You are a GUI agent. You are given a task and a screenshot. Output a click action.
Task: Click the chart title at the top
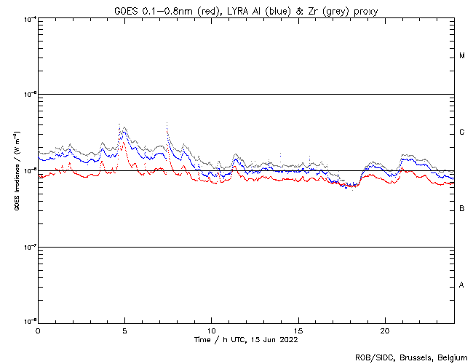(x=245, y=11)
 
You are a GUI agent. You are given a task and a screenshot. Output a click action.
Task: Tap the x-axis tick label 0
(x=38, y=330)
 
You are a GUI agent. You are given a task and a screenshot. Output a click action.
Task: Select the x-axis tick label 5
(x=124, y=330)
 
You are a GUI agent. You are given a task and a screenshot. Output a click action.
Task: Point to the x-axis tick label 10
(x=211, y=330)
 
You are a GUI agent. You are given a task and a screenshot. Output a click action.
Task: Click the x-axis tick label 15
(x=298, y=330)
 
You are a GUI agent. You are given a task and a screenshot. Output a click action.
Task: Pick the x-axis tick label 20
(x=385, y=330)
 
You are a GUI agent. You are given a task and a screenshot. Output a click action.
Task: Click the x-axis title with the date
(x=245, y=339)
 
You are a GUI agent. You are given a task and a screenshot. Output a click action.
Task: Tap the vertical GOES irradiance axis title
(x=16, y=171)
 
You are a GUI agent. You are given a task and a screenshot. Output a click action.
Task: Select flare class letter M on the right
(x=462, y=56)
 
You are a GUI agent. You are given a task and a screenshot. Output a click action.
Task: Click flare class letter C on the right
(x=462, y=132)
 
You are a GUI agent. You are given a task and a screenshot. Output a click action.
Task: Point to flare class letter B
(x=462, y=209)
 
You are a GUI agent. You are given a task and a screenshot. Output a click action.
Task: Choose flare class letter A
(x=462, y=285)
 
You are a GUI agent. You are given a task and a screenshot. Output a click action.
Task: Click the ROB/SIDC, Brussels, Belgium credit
(x=411, y=357)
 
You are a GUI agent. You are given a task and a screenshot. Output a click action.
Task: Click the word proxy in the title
(x=363, y=11)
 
